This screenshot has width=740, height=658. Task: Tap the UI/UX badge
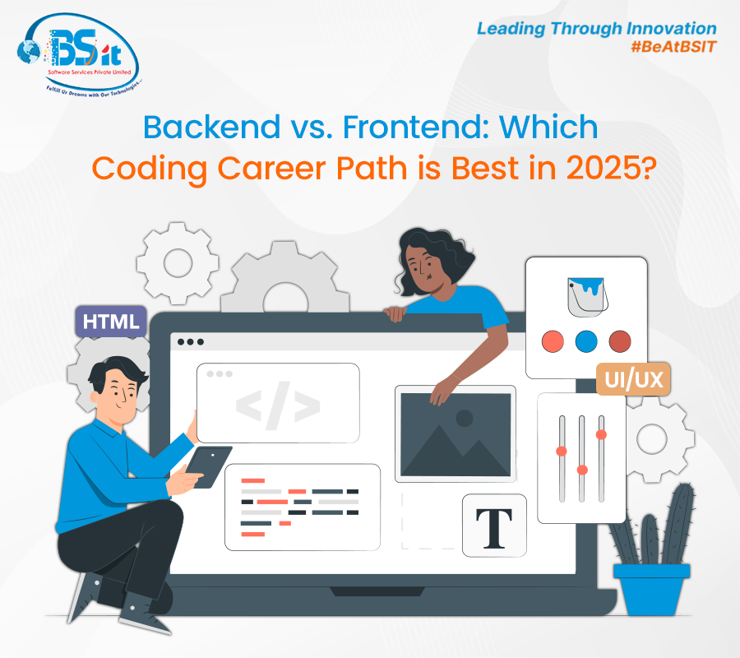tap(633, 379)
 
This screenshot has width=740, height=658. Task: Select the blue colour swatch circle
tap(586, 341)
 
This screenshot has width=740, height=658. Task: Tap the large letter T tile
tap(494, 526)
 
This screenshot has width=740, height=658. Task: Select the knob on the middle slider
tap(582, 470)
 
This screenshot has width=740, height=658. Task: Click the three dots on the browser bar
tap(191, 342)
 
